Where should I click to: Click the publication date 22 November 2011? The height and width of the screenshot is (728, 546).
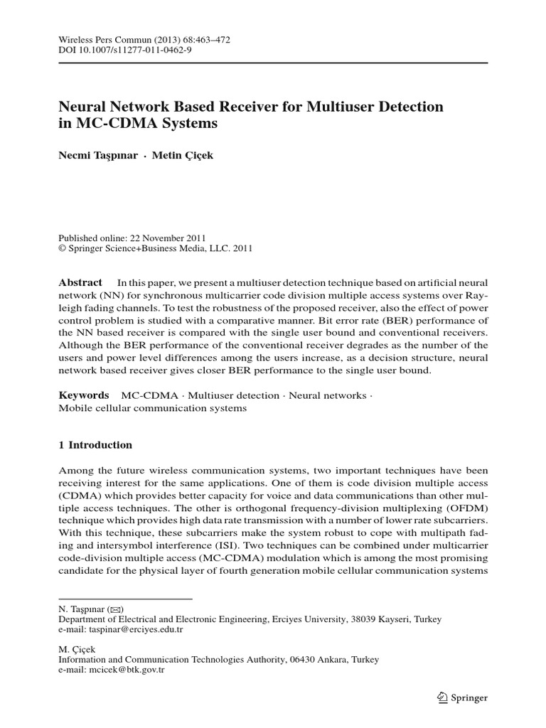tap(159, 238)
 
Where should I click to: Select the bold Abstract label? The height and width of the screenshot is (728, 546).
tap(80, 282)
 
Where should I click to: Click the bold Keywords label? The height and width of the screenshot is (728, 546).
tap(83, 395)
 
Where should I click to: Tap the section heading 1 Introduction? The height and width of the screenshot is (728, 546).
tap(95, 445)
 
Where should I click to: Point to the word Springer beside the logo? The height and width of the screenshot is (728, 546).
tap(469, 699)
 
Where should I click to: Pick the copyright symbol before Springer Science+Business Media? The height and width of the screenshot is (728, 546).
tap(61, 249)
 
